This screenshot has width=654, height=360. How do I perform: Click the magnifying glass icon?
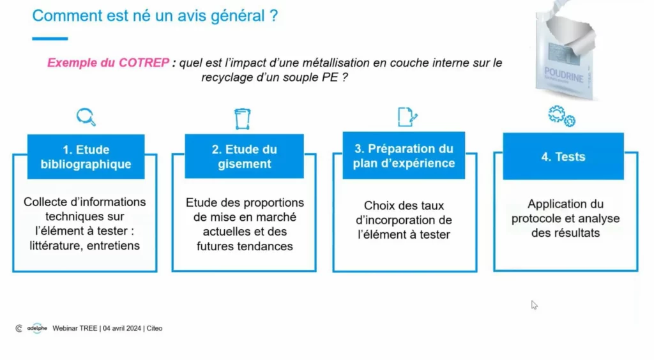click(x=86, y=117)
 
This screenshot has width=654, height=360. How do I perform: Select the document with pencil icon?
click(x=407, y=116)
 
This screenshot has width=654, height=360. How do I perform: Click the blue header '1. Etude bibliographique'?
click(x=86, y=157)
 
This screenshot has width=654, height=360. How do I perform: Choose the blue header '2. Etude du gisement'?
click(x=244, y=157)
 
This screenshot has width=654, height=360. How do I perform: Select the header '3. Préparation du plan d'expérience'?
click(x=404, y=156)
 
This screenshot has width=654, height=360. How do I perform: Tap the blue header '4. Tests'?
click(x=563, y=156)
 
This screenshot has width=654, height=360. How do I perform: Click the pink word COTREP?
click(x=144, y=63)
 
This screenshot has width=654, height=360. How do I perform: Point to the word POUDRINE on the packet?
click(x=563, y=71)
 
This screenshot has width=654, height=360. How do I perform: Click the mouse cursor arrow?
click(x=534, y=304)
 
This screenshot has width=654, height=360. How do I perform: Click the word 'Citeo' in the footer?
click(x=154, y=328)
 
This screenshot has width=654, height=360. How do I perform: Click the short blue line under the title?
click(x=50, y=39)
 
